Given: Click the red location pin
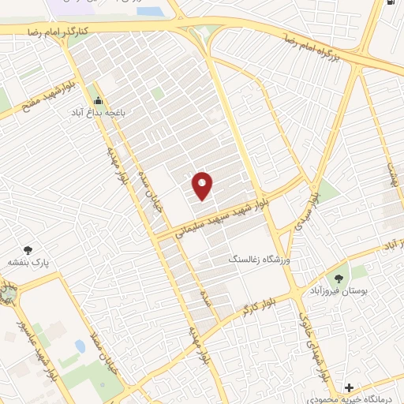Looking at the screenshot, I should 203,185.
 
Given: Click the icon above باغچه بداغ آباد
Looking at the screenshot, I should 97,100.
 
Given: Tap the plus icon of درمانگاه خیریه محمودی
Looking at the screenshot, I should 349,387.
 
